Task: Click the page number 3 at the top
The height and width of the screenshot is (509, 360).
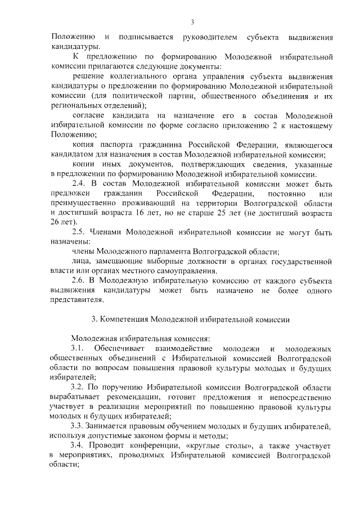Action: click(x=192, y=22)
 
